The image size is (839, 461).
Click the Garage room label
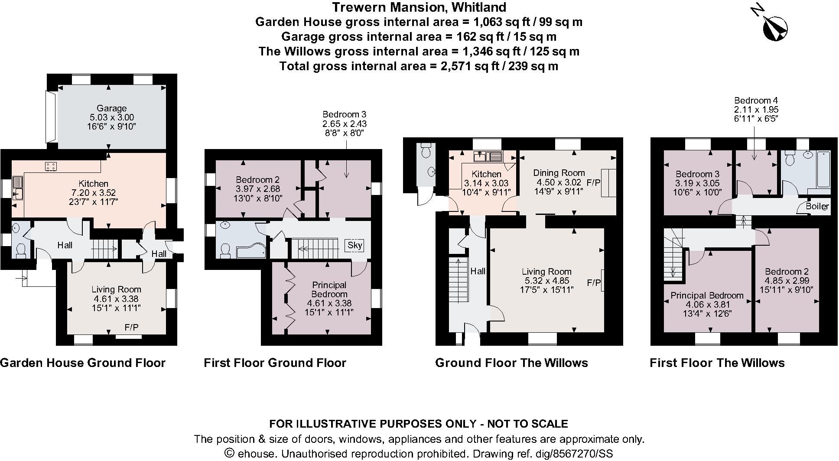pyautogui.click(x=112, y=108)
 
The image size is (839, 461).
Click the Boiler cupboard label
pyautogui.click(x=817, y=207)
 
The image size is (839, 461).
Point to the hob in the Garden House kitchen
pyautogui.click(x=51, y=166)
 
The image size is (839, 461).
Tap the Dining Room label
pyautogui.click(x=559, y=173)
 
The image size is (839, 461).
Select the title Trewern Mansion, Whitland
pyautogui.click(x=419, y=7)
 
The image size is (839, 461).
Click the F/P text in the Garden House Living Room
pyautogui.click(x=131, y=328)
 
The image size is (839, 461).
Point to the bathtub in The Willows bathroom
pyautogui.click(x=819, y=172)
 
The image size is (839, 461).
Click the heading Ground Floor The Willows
pyautogui.click(x=511, y=363)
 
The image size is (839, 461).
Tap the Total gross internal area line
pyautogui.click(x=419, y=66)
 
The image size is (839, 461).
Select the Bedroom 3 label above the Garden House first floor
pyautogui.click(x=345, y=114)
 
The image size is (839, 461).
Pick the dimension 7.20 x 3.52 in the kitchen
pyautogui.click(x=94, y=193)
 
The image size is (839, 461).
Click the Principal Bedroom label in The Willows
pyautogui.click(x=707, y=295)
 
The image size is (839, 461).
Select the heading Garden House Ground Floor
pyautogui.click(x=83, y=363)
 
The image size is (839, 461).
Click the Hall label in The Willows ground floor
pyautogui.click(x=478, y=271)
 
